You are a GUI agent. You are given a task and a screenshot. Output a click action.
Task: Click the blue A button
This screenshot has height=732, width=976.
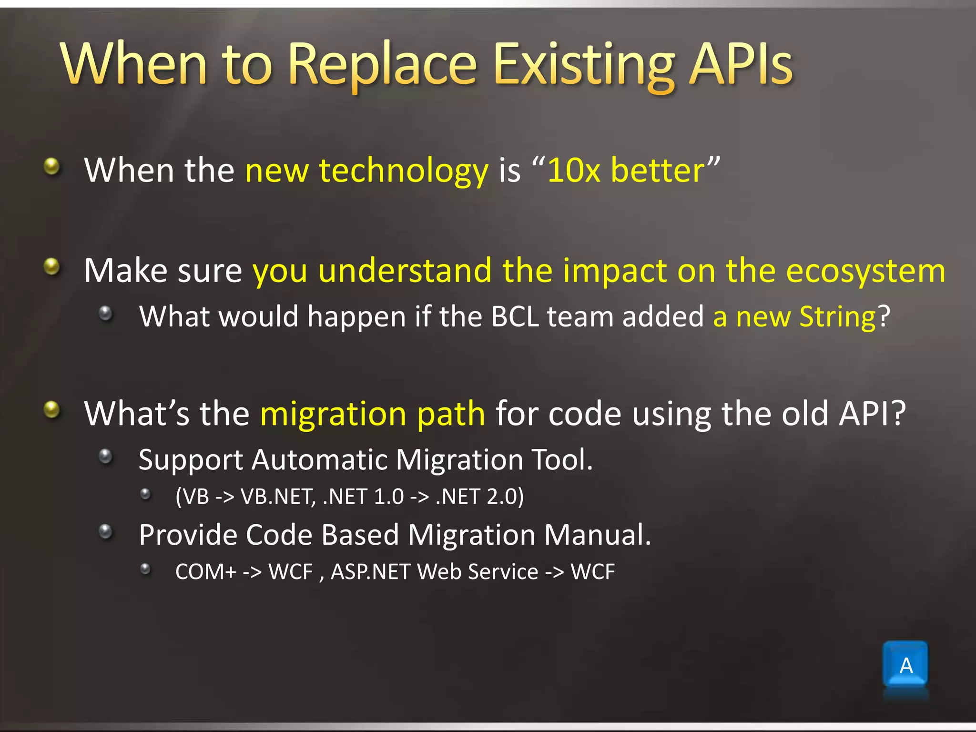point(905,665)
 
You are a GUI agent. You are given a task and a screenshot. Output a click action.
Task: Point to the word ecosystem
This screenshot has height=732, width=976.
point(865,271)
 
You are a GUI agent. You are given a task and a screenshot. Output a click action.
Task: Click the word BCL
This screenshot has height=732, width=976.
point(515,316)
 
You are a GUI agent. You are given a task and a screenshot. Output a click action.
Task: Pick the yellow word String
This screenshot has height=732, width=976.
point(837,316)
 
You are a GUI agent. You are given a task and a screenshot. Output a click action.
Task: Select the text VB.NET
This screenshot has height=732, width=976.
point(278,497)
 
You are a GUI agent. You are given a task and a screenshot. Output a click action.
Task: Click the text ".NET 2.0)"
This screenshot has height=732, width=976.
point(479,497)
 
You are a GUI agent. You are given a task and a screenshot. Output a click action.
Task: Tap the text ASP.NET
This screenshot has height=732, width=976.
point(370,571)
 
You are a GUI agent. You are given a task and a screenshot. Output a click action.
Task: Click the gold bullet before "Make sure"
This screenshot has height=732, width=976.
point(51,267)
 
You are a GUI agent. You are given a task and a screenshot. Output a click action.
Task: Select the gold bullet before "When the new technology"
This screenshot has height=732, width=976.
point(51,167)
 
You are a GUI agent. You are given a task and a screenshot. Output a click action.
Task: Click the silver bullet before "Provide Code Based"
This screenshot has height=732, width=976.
point(105,531)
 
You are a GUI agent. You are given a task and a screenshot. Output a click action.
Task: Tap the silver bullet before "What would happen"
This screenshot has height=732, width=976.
point(105,313)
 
